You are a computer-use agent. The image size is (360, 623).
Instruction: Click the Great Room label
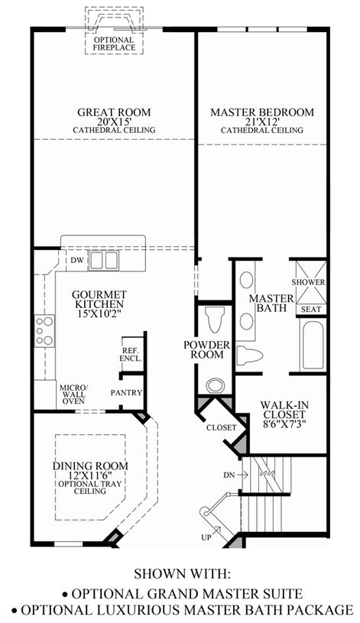[x=114, y=112]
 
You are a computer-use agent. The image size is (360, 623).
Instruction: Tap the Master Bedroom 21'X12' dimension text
[x=262, y=122]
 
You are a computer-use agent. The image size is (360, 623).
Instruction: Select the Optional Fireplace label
[x=114, y=44]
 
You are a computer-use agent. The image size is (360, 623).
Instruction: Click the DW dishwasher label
[x=76, y=260]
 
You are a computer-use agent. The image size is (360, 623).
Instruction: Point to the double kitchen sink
[x=103, y=260]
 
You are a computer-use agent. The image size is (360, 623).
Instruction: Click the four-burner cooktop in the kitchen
[x=44, y=330]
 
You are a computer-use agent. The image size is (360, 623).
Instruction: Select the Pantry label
[x=126, y=393]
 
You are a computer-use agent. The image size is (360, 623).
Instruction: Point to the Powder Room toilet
[x=215, y=320]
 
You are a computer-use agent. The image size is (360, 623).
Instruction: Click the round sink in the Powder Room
[x=215, y=385]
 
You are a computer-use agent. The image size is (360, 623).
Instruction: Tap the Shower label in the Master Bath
[x=308, y=283]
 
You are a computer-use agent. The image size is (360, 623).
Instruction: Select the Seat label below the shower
[x=311, y=309]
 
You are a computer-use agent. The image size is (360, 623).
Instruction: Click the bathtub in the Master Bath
[x=313, y=345]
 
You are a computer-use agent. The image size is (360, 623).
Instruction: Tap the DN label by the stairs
[x=229, y=475]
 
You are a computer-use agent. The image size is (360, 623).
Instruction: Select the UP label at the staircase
[x=206, y=537]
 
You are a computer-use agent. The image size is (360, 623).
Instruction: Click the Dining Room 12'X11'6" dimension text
[x=90, y=475]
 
